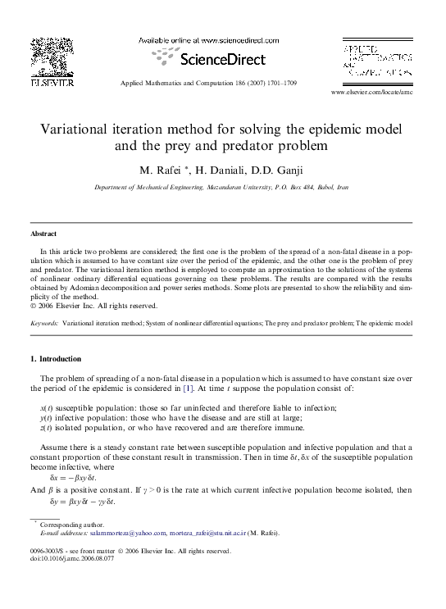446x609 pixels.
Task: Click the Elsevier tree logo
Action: (x=52, y=57)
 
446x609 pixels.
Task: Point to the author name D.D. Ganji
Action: (x=283, y=170)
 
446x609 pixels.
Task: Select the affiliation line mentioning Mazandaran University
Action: (x=221, y=188)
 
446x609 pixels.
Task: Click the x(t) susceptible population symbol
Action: (x=46, y=407)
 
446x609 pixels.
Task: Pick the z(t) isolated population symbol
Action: (x=46, y=427)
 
